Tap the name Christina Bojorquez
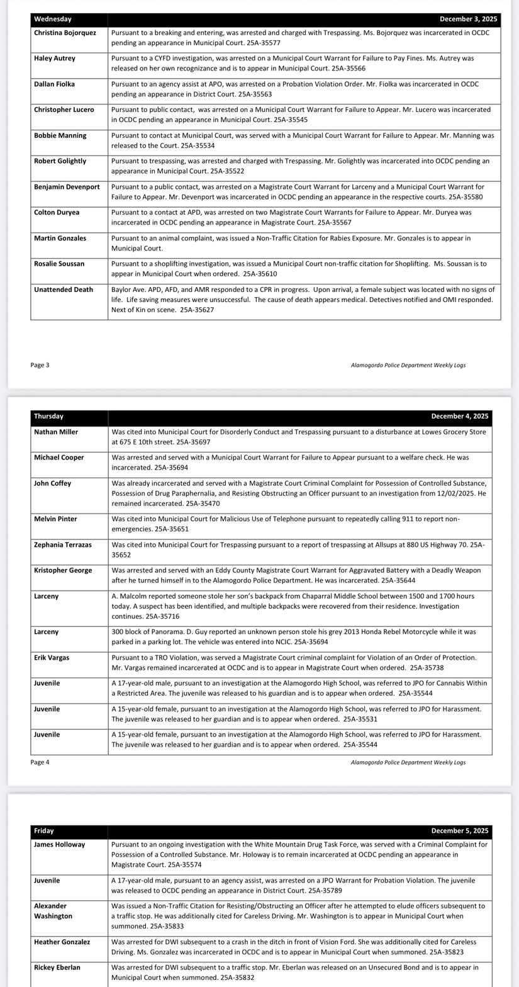65,32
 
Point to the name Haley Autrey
55,58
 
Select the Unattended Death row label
64,290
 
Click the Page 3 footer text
40,365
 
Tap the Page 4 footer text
40,762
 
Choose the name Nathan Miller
56,432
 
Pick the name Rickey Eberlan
57,967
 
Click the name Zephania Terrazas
63,544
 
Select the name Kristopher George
63,570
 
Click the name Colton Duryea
57,212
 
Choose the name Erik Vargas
52,657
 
